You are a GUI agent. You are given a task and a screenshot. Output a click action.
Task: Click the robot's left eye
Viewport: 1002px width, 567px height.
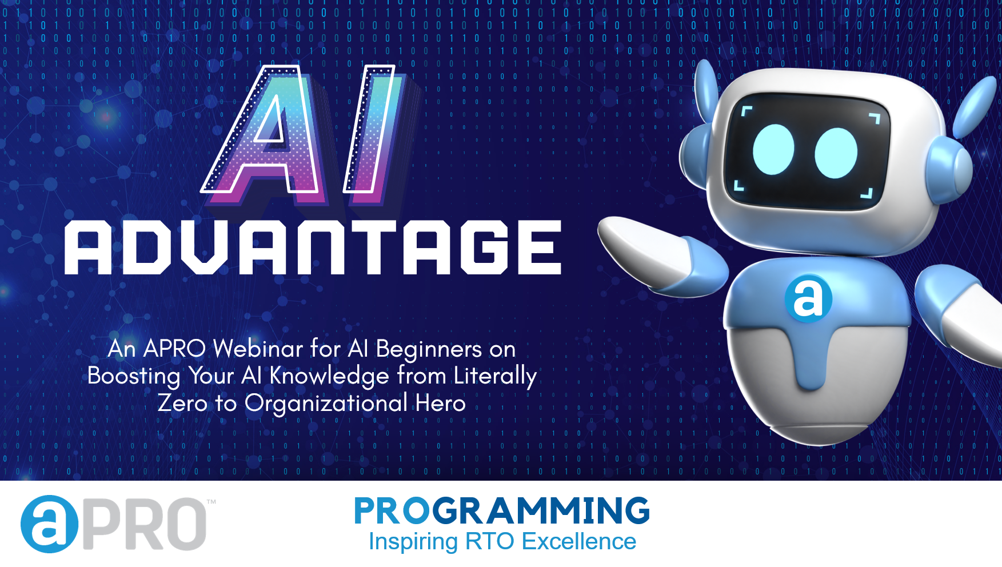click(x=773, y=149)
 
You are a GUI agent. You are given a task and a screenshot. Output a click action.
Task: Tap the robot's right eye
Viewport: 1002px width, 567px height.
click(x=836, y=153)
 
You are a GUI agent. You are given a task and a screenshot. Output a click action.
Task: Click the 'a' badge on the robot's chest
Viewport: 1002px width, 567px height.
click(x=808, y=298)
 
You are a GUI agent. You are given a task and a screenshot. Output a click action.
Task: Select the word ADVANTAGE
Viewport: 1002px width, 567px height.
click(x=313, y=247)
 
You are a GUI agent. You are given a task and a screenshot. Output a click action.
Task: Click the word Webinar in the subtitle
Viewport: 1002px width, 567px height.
click(x=258, y=348)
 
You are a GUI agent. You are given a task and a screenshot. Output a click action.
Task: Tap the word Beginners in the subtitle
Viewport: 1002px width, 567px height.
click(x=429, y=349)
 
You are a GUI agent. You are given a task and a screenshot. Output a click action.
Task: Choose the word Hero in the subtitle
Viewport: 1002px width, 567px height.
click(x=440, y=403)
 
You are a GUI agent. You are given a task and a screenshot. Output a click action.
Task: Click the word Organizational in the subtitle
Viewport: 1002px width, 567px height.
click(x=326, y=404)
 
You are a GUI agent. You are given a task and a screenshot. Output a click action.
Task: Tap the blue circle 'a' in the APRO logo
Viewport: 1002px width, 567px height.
click(x=49, y=524)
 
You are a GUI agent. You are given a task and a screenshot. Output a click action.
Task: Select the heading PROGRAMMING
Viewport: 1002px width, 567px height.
click(x=502, y=510)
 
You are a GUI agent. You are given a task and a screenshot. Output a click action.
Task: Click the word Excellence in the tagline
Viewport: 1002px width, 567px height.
click(x=579, y=541)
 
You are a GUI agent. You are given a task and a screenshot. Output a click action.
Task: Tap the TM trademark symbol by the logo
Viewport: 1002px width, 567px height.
click(x=211, y=502)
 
